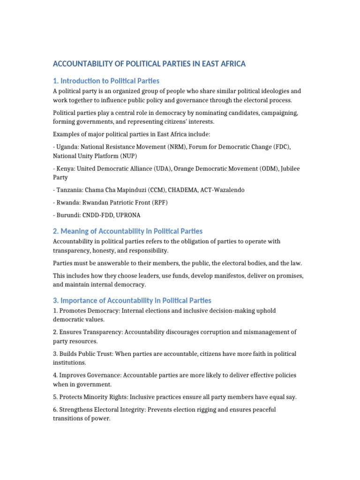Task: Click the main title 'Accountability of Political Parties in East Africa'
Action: [x=149, y=64]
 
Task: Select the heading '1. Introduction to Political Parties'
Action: [x=106, y=81]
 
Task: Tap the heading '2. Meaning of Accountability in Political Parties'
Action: [x=128, y=231]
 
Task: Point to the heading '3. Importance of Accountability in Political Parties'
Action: [x=132, y=300]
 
